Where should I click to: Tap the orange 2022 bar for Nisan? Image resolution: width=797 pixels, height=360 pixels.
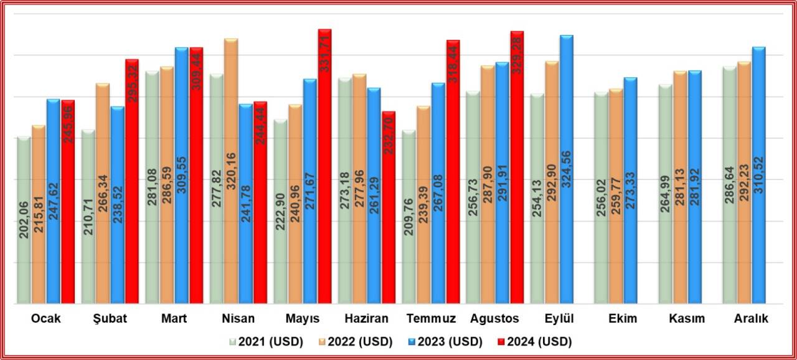(x=231, y=171)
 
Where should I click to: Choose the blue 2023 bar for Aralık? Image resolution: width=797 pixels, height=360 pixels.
(x=758, y=175)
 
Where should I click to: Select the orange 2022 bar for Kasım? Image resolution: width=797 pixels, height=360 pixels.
(x=681, y=187)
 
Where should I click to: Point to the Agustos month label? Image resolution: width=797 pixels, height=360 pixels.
(x=495, y=318)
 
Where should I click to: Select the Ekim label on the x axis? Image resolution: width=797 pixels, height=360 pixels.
(x=623, y=318)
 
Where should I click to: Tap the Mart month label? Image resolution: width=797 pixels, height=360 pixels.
(x=174, y=318)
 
